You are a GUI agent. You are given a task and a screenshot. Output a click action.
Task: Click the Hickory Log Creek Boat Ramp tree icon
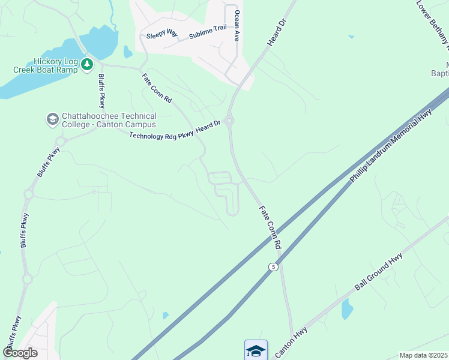(x=88, y=63)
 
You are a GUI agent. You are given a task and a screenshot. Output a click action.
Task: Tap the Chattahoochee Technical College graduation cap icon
(x=52, y=119)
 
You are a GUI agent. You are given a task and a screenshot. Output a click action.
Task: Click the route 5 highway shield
(x=273, y=266)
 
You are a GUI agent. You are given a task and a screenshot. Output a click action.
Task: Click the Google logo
(x=19, y=352)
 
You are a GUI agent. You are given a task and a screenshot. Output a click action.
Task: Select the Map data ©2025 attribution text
(x=423, y=355)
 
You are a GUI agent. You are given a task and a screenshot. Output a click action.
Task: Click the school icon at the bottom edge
(x=256, y=350)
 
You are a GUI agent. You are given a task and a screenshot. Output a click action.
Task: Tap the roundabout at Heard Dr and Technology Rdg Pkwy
(x=229, y=120)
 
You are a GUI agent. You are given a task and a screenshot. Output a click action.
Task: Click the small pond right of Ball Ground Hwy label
(x=347, y=310)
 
